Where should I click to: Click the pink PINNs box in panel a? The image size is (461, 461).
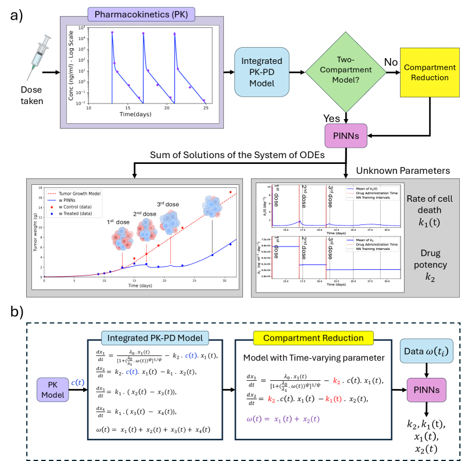coord(346,137)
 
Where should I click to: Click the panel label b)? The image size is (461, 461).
coord(17,313)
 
